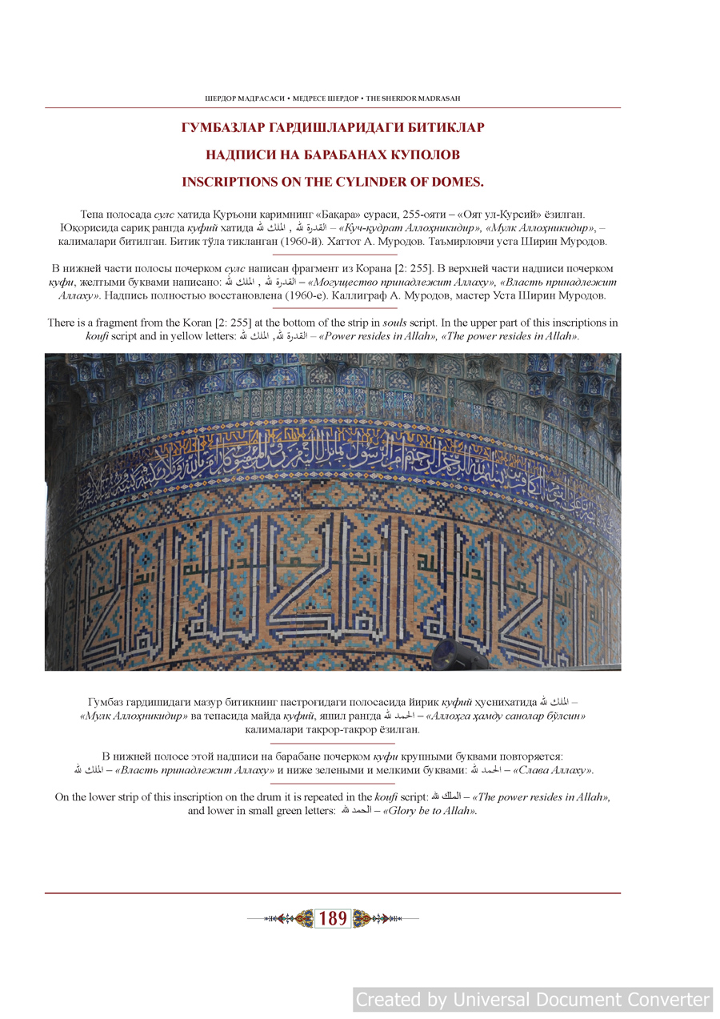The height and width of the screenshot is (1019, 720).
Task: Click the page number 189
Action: (x=333, y=919)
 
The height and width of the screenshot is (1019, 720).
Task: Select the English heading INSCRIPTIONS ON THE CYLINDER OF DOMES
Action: (x=333, y=182)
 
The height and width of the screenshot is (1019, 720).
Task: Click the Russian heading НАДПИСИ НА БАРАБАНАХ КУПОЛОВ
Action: (x=333, y=154)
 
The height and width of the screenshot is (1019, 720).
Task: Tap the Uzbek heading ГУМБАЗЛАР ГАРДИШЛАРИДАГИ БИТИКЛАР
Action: (x=333, y=127)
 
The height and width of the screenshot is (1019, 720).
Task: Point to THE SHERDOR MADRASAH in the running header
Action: (x=413, y=98)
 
